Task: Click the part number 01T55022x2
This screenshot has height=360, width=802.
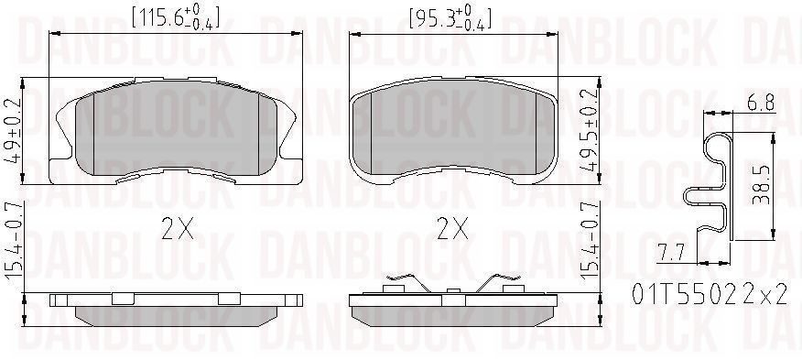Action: (709, 294)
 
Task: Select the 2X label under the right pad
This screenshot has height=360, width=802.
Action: (452, 228)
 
